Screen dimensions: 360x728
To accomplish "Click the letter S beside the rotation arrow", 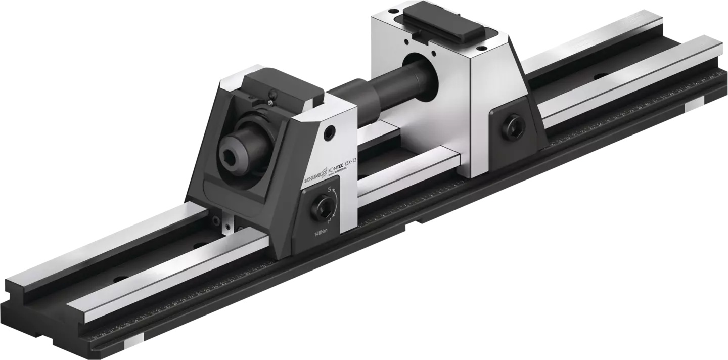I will [330, 189].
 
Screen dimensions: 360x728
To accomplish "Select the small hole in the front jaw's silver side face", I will [330, 132].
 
